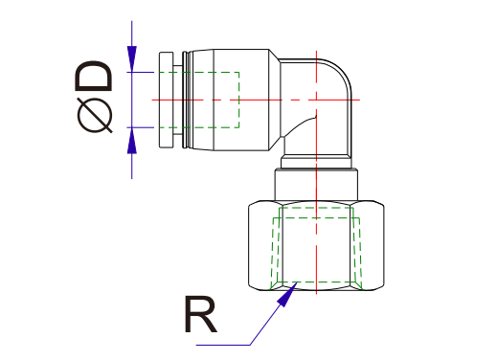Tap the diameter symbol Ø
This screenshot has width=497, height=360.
pos(97,116)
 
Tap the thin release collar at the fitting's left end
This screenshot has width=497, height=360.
pos(166,100)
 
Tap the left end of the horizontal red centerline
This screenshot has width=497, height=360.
pos(154,99)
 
